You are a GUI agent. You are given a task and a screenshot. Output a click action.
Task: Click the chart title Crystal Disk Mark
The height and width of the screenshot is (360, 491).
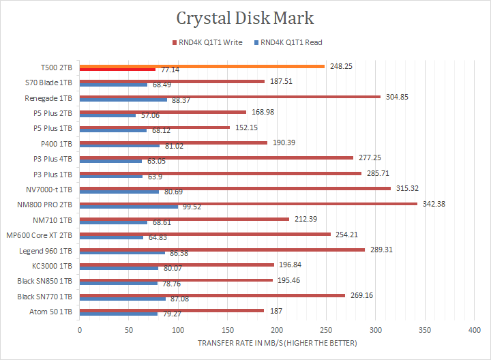tap(245, 18)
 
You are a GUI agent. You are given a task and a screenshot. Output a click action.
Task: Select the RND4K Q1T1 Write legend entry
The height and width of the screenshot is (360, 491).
tap(211, 42)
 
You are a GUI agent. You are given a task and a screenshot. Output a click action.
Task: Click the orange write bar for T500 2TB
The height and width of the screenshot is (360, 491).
tap(202, 66)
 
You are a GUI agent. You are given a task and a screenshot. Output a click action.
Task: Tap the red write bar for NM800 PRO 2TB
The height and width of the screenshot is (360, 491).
tap(248, 203)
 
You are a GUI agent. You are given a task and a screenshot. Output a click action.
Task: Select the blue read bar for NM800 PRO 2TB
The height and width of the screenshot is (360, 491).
tap(129, 207)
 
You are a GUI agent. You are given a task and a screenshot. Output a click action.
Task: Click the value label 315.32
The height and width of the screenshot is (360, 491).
tap(410, 188)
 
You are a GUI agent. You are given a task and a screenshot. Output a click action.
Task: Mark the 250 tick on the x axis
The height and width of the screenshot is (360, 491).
tap(326, 331)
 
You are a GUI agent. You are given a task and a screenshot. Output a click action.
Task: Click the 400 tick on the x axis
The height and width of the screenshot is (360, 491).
tap(474, 331)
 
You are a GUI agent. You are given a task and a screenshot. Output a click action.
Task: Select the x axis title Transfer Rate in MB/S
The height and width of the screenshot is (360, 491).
tap(277, 343)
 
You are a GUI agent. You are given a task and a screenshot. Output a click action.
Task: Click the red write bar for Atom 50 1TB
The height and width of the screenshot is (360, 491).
tap(172, 310)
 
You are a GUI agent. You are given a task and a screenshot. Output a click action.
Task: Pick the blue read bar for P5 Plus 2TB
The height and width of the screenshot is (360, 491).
tap(108, 115)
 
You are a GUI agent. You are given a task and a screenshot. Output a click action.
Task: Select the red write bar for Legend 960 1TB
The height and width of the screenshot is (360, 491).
tap(222, 249)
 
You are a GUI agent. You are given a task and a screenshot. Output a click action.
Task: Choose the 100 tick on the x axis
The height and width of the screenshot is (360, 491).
tap(178, 331)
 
